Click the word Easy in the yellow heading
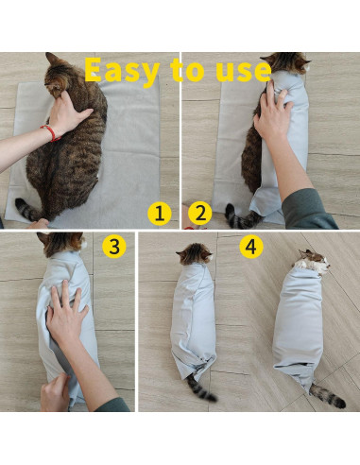click(x=121, y=70)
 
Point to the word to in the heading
click(x=178, y=70)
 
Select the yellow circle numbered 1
click(x=160, y=214)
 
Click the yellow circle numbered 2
click(x=198, y=214)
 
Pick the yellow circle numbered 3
click(x=114, y=247)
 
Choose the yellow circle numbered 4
click(x=250, y=247)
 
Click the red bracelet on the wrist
click(x=49, y=133)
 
